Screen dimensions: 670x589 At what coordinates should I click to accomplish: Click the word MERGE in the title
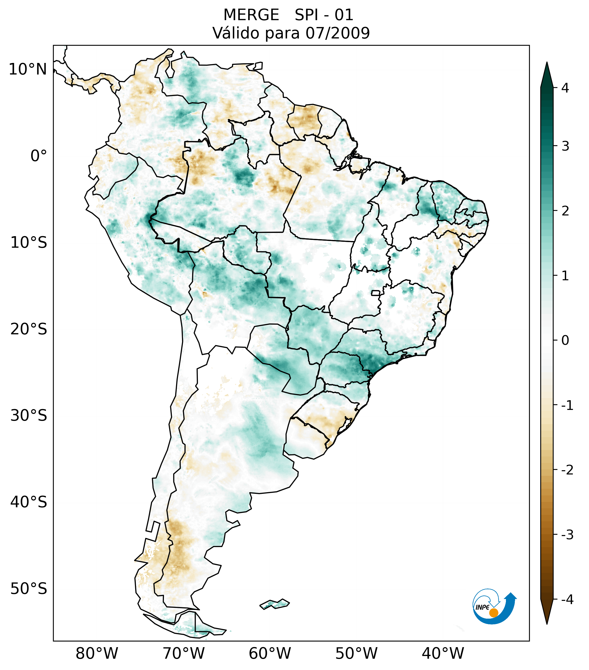251,15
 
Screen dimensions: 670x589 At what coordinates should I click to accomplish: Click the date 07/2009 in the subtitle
337,33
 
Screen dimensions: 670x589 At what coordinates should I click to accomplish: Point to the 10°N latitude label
27,69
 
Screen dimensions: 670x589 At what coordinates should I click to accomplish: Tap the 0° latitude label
39,156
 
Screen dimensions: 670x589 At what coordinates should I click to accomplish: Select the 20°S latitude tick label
29,329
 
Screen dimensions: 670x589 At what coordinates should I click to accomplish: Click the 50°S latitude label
29,589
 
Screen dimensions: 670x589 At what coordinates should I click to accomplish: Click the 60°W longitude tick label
270,653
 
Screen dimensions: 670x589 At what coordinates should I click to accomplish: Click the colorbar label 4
565,88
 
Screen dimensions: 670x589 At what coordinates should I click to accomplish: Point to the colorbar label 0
565,341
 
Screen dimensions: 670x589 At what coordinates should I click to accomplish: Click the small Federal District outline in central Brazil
376,293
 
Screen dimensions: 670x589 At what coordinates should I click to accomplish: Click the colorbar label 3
565,146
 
